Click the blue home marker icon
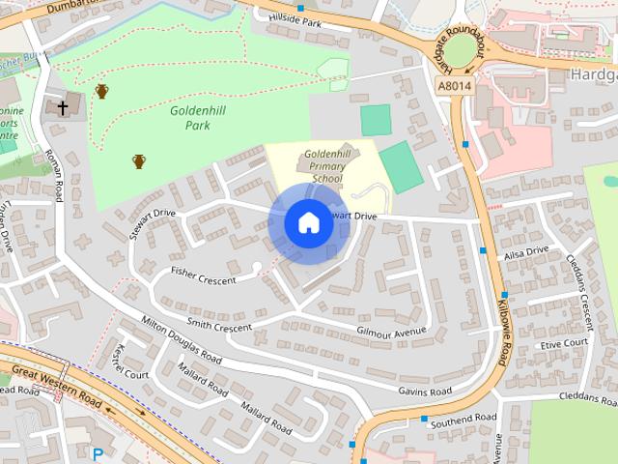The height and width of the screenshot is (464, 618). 308,222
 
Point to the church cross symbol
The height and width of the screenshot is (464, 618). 63,106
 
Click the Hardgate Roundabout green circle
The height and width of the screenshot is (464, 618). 463,47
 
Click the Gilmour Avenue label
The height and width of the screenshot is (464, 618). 391,332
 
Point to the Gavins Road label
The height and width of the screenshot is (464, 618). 425,391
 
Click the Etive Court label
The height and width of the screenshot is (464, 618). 564,343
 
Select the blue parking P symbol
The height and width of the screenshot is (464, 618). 97,452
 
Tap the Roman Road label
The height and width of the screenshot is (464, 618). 55,175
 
